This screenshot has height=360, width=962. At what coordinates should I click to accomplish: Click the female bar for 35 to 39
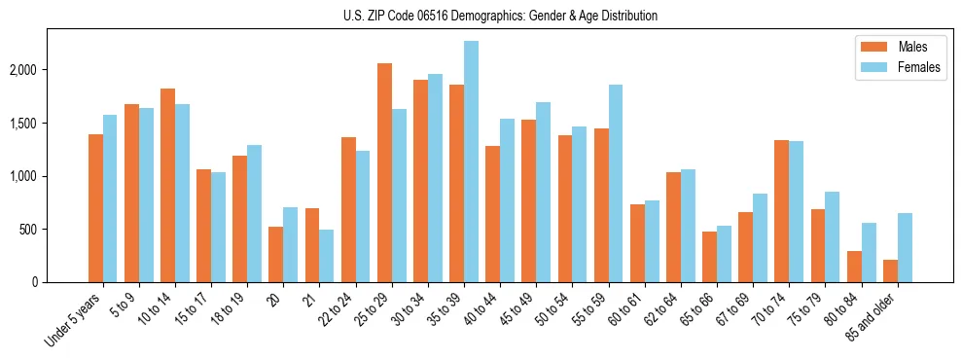coord(471,162)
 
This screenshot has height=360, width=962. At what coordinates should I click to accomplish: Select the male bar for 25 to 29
coord(384,172)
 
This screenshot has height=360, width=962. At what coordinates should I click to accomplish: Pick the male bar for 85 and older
coord(890,270)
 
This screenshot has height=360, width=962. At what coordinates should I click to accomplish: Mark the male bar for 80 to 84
coord(854,267)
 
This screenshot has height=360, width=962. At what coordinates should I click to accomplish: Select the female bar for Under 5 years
coord(110,198)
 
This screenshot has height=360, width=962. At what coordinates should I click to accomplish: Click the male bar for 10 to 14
coord(168,185)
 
